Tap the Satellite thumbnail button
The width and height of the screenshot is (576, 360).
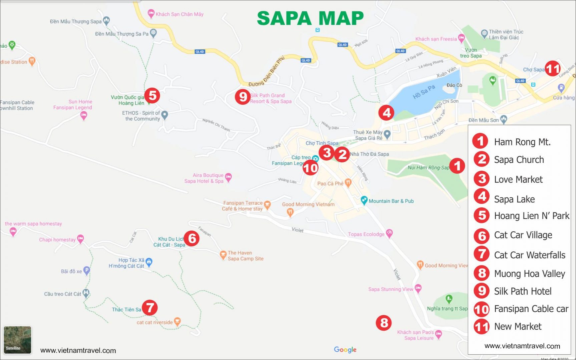pos(17,340)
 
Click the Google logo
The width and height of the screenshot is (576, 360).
pos(345,349)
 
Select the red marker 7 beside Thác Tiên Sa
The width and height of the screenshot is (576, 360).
pos(150,308)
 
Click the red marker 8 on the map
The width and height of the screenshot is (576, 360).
pos(384,323)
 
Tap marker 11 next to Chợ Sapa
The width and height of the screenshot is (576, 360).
pos(552,69)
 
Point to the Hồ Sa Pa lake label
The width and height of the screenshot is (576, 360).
pos(424,92)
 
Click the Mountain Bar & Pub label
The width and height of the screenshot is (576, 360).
pos(391,201)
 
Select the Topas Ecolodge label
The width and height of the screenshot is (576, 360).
pos(366,234)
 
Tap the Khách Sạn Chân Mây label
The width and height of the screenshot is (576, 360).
pos(179,14)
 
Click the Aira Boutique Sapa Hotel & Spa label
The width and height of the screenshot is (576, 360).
pos(204,178)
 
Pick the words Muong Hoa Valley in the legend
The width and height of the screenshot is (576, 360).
pos(529,274)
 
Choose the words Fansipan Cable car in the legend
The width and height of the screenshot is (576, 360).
pos(531,309)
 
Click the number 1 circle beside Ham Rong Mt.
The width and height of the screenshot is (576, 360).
pos(480,141)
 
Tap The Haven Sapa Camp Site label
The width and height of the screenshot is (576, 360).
pos(245,256)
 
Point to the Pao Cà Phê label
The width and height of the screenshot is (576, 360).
pos(330,183)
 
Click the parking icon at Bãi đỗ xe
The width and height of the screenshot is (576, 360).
pos(86,271)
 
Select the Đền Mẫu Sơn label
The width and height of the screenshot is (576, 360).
pos(484,120)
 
